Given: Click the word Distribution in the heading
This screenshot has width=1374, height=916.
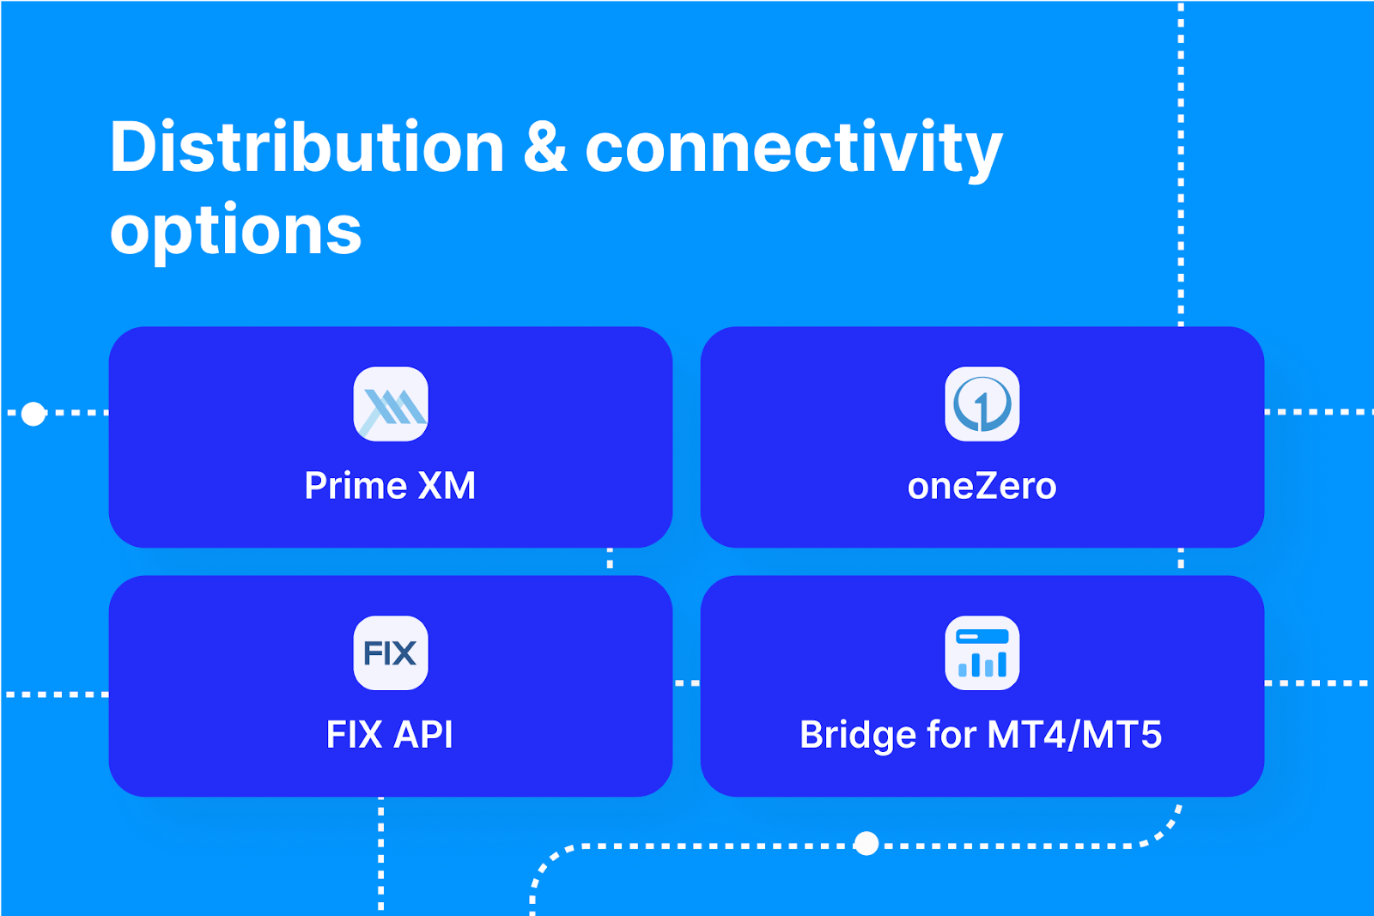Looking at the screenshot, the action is tap(307, 148).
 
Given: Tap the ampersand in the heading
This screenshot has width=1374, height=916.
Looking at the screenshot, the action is tap(545, 148).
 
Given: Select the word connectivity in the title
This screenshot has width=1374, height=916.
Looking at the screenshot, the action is tap(793, 148).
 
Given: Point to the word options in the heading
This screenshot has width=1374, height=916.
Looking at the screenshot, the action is tap(236, 232).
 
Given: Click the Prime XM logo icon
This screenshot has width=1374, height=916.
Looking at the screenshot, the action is tap(391, 404).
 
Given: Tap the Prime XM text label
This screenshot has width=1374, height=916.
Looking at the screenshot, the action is tap(390, 486).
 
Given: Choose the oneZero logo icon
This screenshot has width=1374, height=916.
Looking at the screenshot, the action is tap(982, 404).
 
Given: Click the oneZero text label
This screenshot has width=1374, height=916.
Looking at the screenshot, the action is tap(982, 487).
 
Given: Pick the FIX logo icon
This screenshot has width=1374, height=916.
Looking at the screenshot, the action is tap(391, 653).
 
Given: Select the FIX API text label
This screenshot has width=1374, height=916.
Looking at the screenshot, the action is tap(390, 735).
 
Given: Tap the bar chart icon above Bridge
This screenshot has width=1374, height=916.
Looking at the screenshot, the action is tap(982, 653).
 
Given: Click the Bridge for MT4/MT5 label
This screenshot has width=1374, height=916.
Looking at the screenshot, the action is tap(981, 735).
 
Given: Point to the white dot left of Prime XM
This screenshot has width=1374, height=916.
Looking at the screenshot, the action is tap(33, 414).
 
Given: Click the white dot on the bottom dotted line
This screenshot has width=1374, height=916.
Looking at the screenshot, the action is tap(867, 844).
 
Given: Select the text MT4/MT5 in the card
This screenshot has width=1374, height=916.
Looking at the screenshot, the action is tap(1074, 735).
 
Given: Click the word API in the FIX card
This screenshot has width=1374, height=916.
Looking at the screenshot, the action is tap(423, 735).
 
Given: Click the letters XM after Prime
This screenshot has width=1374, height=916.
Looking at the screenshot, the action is tap(447, 486).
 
